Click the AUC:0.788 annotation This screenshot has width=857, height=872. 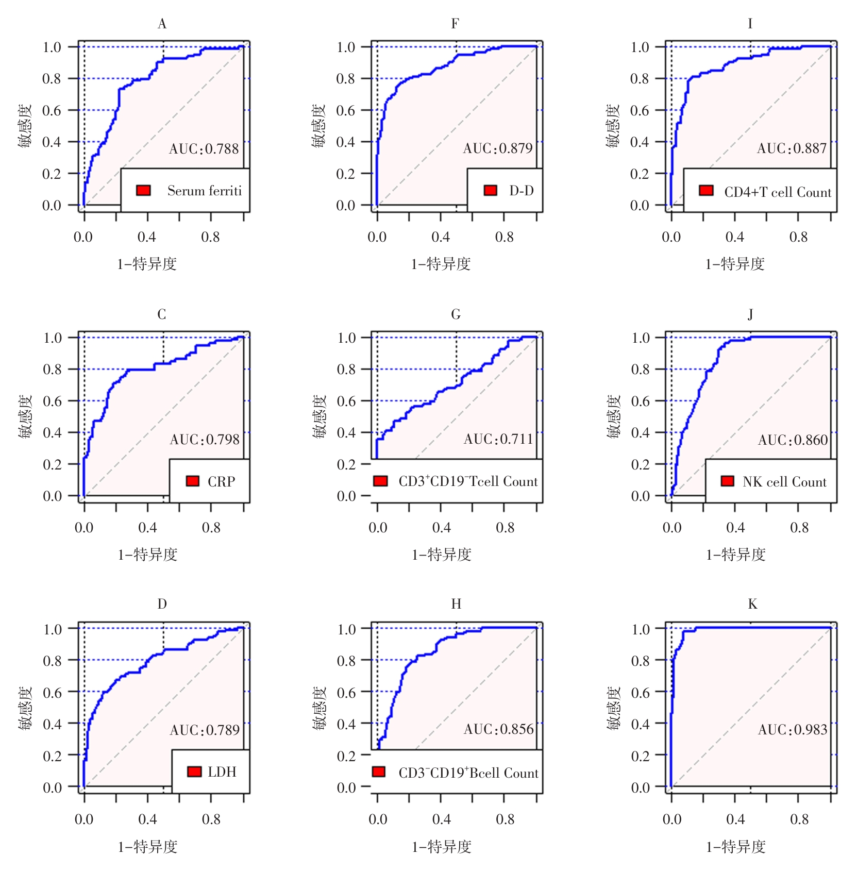tap(204, 149)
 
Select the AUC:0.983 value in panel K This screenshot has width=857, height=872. tap(793, 730)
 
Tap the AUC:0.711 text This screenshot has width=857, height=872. tap(498, 439)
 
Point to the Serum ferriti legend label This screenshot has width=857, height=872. tap(205, 191)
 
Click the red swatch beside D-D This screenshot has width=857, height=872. tap(490, 191)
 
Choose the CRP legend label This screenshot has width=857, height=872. tap(222, 481)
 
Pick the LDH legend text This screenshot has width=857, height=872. tap(222, 772)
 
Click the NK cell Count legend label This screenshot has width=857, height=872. tap(784, 482)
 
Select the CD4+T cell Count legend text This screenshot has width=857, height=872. tap(778, 192)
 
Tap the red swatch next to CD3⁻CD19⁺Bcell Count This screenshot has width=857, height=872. tap(379, 772)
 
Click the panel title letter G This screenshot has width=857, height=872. tap(456, 314)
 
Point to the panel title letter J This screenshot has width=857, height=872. tap(750, 314)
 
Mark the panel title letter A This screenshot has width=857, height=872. tap(162, 24)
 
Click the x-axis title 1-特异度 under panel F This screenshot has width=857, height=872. tap(441, 264)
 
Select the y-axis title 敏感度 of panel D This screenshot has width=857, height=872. tap(25, 708)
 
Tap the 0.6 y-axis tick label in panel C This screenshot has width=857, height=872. tap(53, 401)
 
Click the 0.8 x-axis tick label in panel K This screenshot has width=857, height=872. tap(799, 819)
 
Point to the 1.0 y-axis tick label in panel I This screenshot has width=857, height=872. tap(640, 47)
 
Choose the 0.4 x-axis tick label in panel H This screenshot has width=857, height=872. tap(442, 819)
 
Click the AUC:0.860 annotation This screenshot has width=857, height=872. tap(793, 440)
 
